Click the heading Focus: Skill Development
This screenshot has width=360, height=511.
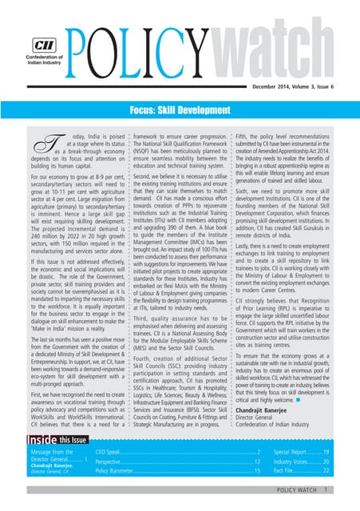pos(180,106)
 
